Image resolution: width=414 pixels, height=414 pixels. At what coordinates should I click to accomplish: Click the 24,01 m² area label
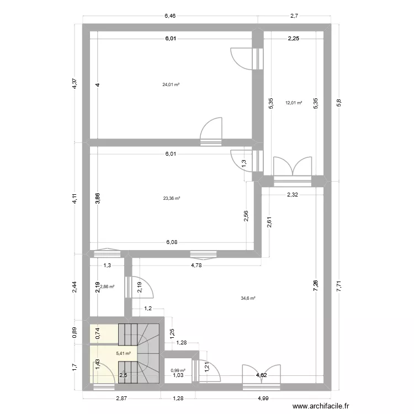[171, 84]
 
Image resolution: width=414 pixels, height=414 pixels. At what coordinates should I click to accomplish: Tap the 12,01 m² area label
[294, 103]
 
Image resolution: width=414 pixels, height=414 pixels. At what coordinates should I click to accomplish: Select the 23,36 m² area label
[171, 199]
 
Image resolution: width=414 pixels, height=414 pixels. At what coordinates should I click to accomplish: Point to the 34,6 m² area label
[248, 299]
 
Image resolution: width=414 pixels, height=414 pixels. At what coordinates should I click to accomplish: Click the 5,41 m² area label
[123, 354]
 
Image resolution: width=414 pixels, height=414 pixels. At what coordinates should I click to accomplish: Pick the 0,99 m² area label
[178, 370]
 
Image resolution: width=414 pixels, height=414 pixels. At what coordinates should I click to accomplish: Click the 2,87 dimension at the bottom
[121, 398]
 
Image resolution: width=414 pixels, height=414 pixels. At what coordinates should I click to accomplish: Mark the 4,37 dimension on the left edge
[75, 84]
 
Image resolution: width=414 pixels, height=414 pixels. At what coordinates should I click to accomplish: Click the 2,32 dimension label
[293, 195]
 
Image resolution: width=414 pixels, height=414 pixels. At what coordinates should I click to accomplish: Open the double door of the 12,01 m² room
[293, 168]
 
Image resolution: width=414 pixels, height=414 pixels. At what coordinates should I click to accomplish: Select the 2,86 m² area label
[108, 287]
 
